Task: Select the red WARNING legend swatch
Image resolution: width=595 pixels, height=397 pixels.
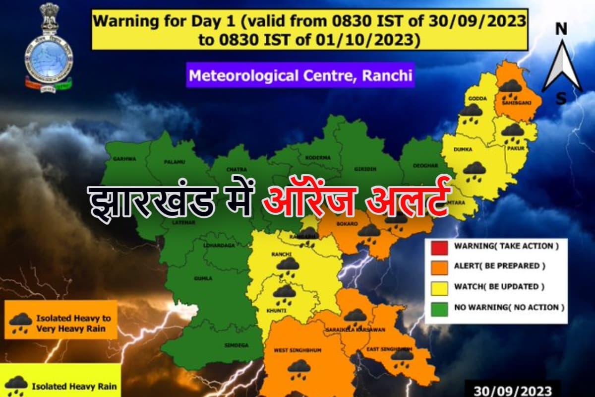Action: click(x=440, y=246)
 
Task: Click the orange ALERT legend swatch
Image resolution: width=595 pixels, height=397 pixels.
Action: click(x=440, y=266)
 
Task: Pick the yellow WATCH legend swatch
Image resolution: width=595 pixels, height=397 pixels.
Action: click(x=440, y=286)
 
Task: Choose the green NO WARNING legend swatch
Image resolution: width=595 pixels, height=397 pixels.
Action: click(x=440, y=307)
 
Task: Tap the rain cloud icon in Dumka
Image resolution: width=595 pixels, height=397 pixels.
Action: click(x=475, y=169)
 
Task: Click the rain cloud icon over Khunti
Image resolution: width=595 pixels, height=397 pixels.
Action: click(x=284, y=292)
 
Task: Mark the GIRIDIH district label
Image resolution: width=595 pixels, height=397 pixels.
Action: click(x=365, y=168)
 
